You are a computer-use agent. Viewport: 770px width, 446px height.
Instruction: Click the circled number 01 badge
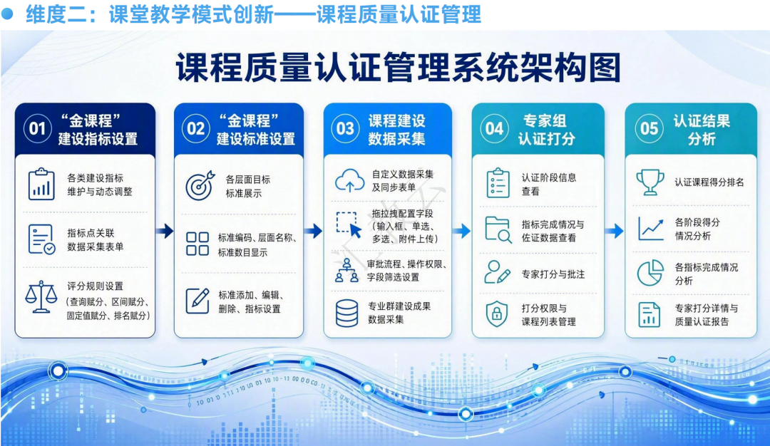pyautogui.click(x=37, y=129)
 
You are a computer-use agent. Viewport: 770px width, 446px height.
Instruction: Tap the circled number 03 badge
pyautogui.click(x=345, y=129)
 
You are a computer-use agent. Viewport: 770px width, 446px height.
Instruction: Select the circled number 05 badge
pyautogui.click(x=649, y=129)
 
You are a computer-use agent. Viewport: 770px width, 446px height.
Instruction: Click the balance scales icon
pyautogui.click(x=41, y=297)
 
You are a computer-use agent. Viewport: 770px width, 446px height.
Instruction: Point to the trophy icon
pyautogui.click(x=650, y=182)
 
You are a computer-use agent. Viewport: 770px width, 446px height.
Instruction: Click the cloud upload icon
pyautogui.click(x=349, y=180)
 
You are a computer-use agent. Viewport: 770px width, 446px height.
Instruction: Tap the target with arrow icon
pyautogui.click(x=200, y=185)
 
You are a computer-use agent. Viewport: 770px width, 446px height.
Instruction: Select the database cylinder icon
pyautogui.click(x=346, y=313)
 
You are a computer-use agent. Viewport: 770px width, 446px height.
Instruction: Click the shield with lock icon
pyautogui.click(x=496, y=313)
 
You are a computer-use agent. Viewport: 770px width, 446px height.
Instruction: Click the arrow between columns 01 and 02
pyautogui.click(x=165, y=231)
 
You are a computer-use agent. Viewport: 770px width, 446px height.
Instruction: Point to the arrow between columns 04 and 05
pyautogui.click(x=615, y=231)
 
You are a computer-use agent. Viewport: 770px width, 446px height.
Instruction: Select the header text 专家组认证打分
pyautogui.click(x=545, y=130)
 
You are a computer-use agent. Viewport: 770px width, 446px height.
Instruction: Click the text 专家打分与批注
pyautogui.click(x=553, y=274)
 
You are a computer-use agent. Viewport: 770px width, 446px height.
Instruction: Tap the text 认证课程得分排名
pyautogui.click(x=709, y=182)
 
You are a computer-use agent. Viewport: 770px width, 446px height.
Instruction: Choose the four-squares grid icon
pyautogui.click(x=197, y=244)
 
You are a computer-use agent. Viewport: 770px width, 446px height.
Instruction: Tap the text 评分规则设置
pyautogui.click(x=96, y=286)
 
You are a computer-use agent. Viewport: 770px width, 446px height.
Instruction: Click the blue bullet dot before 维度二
pyautogui.click(x=7, y=14)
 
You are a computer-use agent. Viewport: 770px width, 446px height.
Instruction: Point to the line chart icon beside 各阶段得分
pyautogui.click(x=651, y=229)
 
